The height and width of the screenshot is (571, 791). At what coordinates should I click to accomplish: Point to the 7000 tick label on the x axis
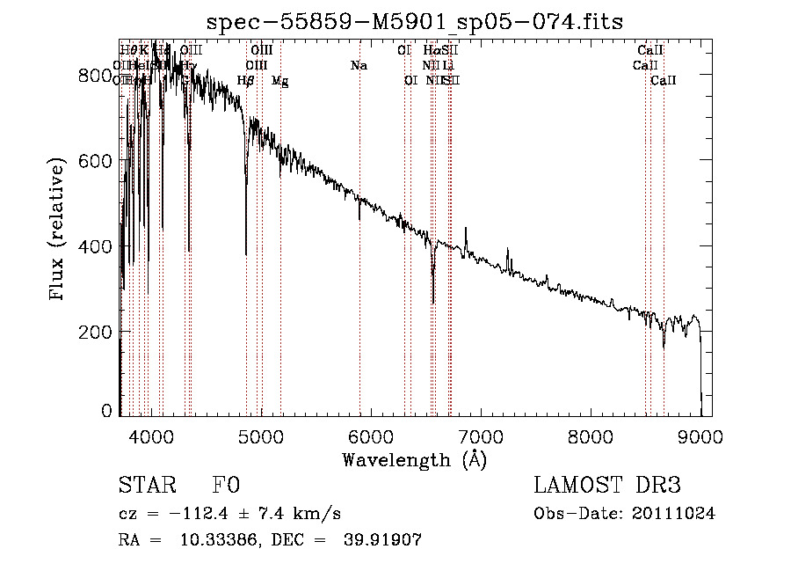point(481,436)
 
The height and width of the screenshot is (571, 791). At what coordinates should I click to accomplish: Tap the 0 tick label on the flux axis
point(107,411)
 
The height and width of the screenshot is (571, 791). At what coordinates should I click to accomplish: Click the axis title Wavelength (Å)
point(414,459)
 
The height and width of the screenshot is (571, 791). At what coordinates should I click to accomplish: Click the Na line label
point(359,65)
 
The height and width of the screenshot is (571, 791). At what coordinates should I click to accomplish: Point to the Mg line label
point(279,81)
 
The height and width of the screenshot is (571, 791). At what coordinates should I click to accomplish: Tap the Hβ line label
point(246,81)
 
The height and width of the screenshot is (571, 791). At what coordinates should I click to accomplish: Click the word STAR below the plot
point(147,486)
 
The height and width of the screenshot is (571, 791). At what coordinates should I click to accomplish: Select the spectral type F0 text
point(226,486)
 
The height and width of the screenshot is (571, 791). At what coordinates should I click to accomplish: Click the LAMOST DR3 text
point(607,486)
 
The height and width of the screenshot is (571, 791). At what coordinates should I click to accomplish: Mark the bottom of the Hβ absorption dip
point(246,254)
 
